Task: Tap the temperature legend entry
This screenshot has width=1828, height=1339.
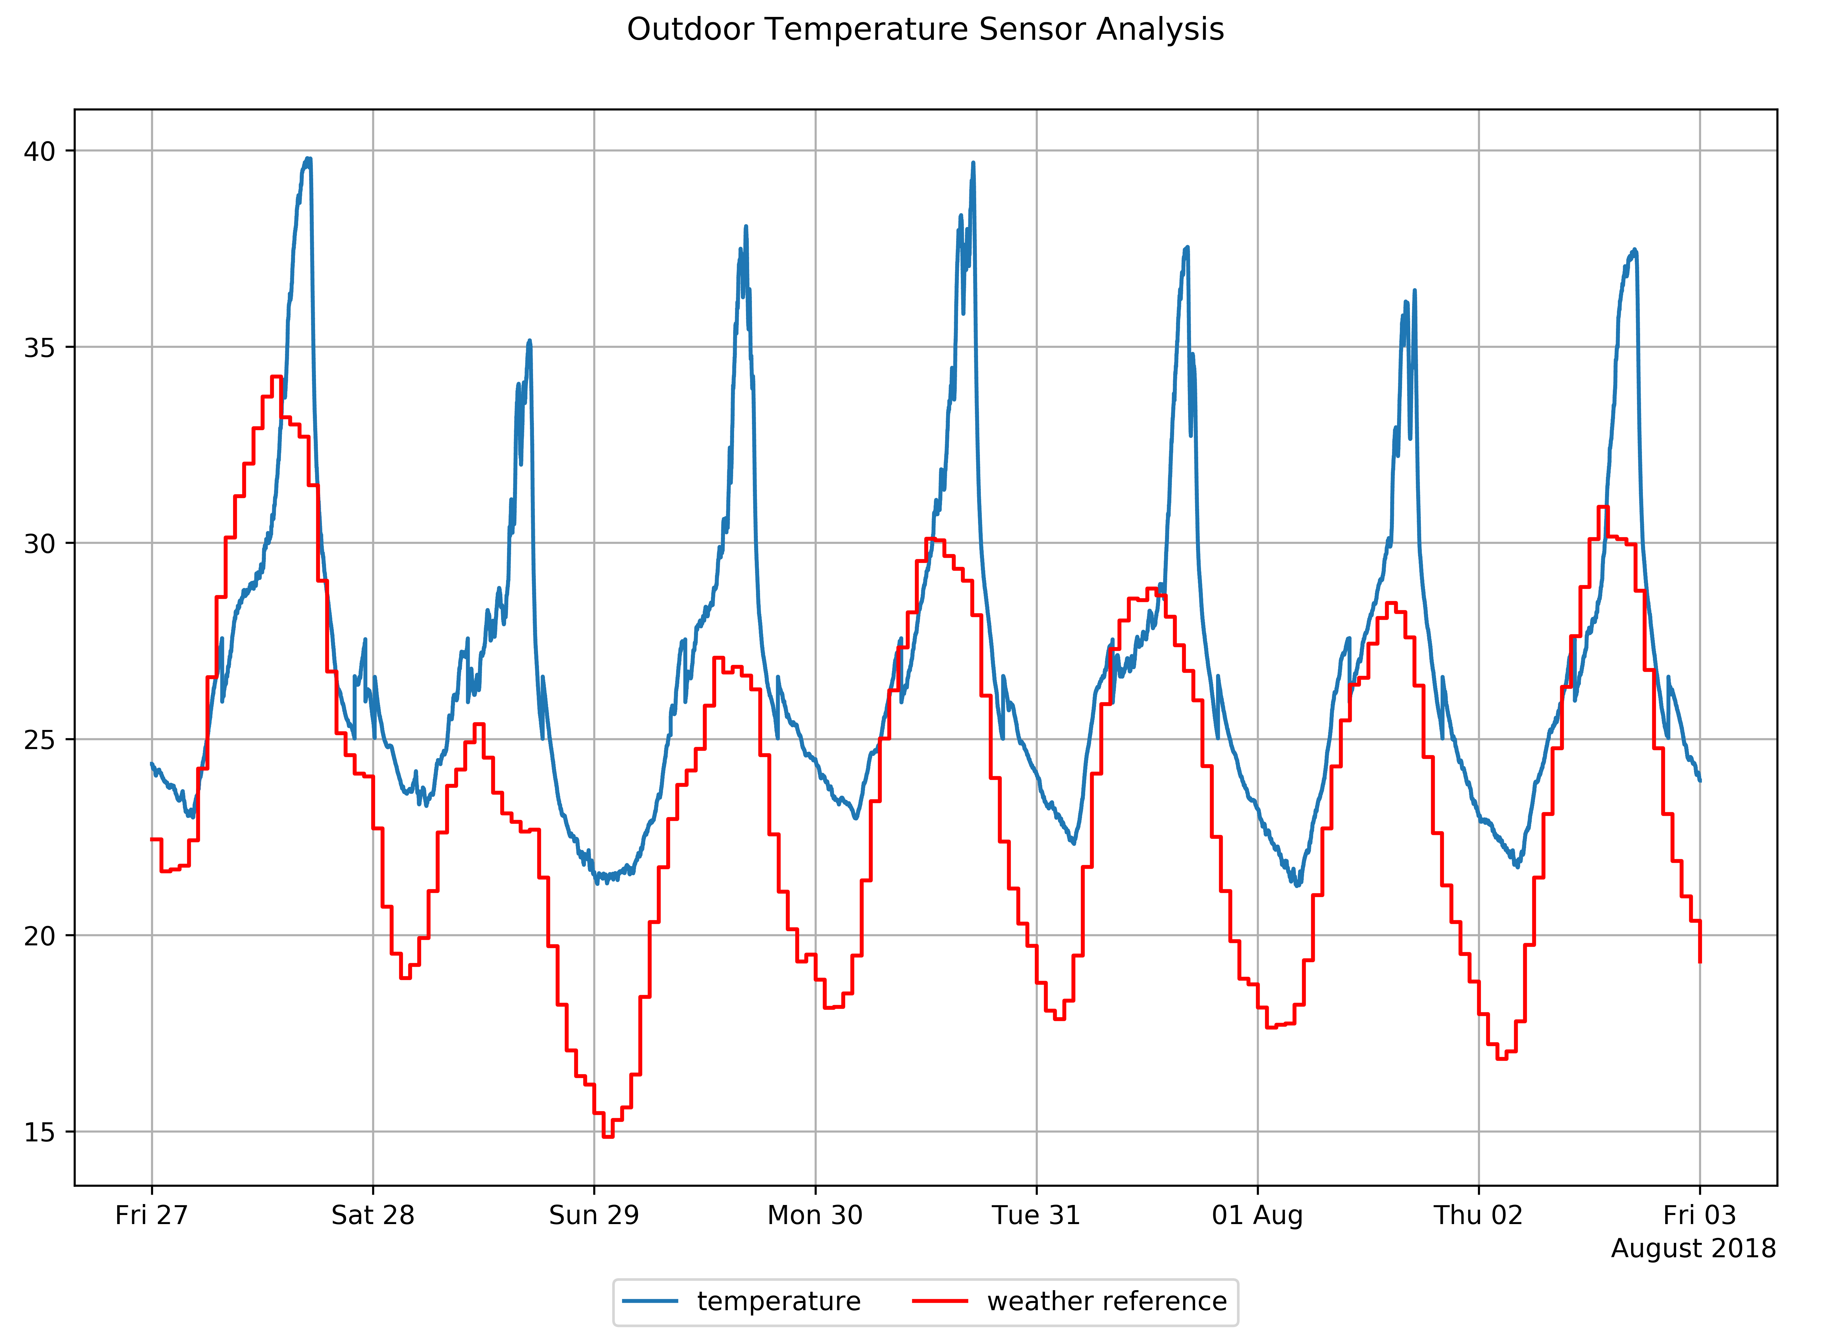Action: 778,1302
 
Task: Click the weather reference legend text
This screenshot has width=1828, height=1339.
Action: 1106,1302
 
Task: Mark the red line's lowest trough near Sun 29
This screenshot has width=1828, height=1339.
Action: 607,1136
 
